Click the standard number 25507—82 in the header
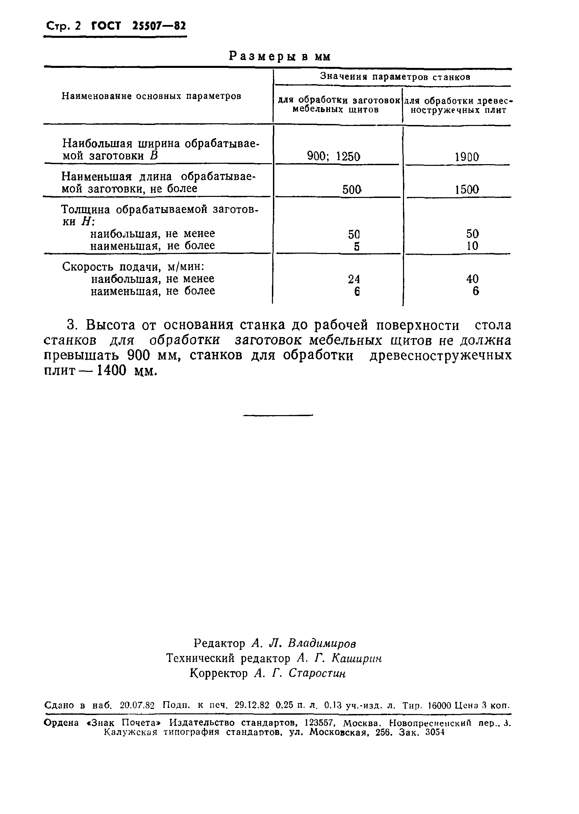tap(159, 26)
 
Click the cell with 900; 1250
tap(334, 156)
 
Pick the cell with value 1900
tap(467, 157)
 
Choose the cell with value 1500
tap(467, 189)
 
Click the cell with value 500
tap(352, 189)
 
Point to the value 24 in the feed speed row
tap(354, 279)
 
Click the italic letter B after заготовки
tap(154, 156)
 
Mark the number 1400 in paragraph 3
tap(111, 371)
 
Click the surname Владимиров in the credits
tap(322, 643)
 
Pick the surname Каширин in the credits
tap(356, 658)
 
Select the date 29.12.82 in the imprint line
tap(252, 705)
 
